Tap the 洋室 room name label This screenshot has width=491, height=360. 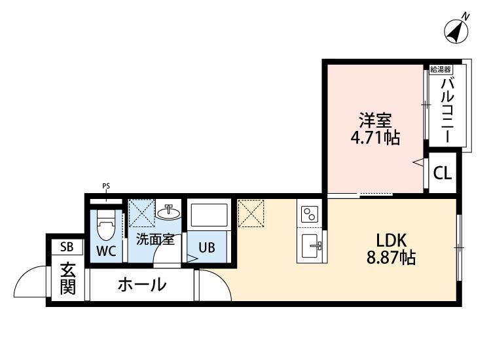coord(374,121)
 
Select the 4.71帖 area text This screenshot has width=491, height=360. coord(374,138)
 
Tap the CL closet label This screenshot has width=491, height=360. coord(443,173)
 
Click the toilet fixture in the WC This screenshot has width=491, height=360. coord(105,226)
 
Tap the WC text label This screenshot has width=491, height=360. coord(106,251)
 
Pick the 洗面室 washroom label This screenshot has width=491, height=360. coord(155,240)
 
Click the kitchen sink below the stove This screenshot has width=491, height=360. coord(310,247)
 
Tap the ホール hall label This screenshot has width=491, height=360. coord(141,285)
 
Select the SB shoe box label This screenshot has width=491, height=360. coord(67,247)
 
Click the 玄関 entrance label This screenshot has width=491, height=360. coord(67,278)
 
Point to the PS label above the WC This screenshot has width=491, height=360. coord(106,187)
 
